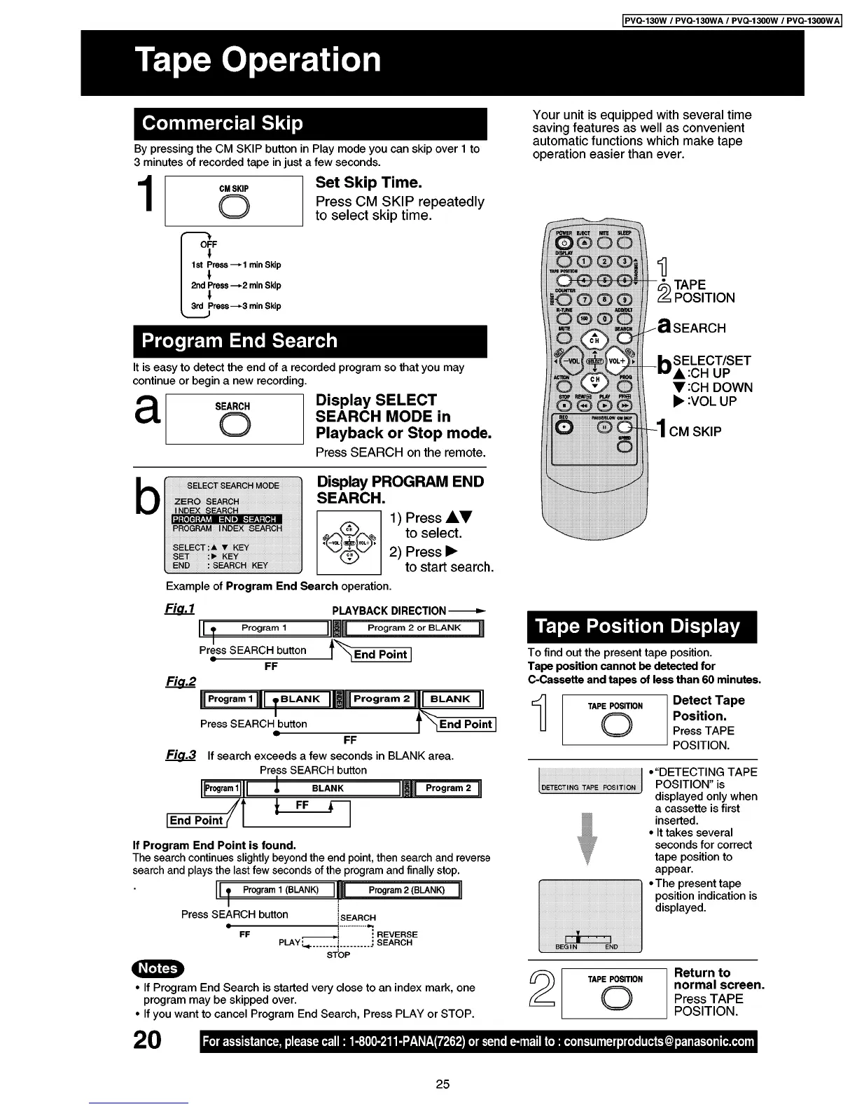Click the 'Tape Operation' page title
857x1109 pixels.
click(x=258, y=60)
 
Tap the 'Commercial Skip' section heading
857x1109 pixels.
click(x=223, y=124)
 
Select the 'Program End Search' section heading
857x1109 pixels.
click(x=239, y=341)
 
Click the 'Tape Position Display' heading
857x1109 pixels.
click(x=638, y=626)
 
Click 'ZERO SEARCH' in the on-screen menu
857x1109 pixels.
click(x=207, y=501)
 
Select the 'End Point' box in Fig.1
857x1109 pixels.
click(x=380, y=655)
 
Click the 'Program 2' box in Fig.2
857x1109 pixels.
click(x=382, y=699)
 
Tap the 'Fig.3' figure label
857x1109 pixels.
click(x=180, y=755)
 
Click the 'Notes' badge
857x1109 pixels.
click(x=158, y=968)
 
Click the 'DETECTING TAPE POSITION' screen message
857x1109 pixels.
click(x=589, y=788)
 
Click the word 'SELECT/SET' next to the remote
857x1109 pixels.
click(x=711, y=361)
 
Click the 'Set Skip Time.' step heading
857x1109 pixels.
click(x=368, y=183)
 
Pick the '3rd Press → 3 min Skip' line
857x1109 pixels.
click(x=236, y=306)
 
